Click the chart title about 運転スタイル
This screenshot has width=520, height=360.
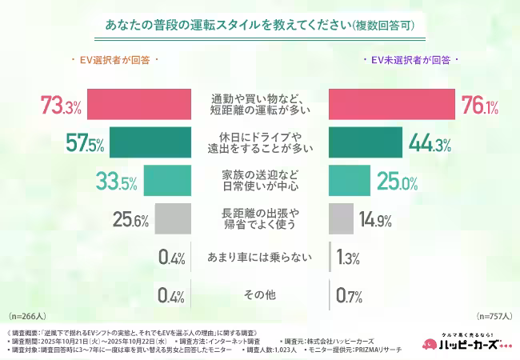(260, 26)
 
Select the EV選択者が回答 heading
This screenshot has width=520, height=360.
(114, 60)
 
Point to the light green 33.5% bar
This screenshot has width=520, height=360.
(169, 180)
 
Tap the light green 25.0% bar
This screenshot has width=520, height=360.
(350, 180)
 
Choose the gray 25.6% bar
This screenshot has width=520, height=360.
(173, 218)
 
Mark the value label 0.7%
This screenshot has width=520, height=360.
(349, 295)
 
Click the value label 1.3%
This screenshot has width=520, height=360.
(349, 257)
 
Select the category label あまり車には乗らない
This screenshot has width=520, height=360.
(260, 257)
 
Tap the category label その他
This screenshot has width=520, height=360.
(260, 295)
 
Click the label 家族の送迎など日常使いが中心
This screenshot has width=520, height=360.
(260, 180)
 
